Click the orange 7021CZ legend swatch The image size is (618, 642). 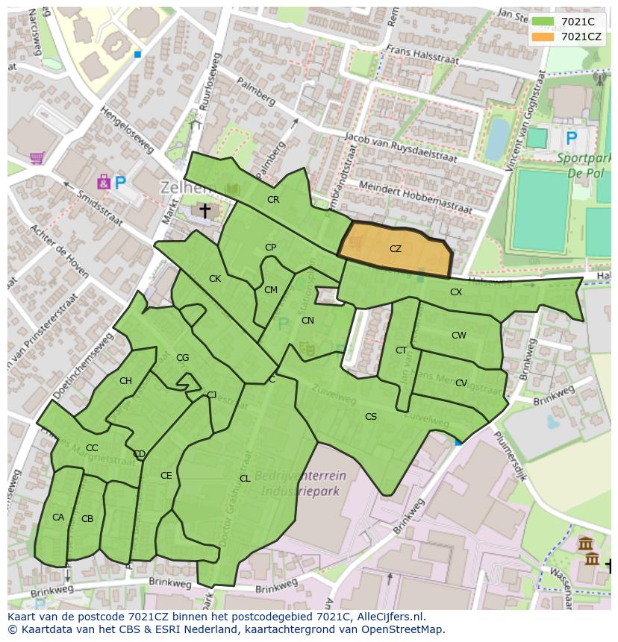click(543, 37)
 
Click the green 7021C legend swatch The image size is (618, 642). click(543, 22)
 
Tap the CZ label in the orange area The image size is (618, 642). click(396, 249)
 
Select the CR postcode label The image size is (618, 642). click(273, 200)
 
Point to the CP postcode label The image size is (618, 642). click(270, 248)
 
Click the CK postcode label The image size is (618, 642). click(215, 279)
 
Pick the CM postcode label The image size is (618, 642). click(271, 290)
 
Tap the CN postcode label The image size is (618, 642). click(308, 321)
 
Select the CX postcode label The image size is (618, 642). click(456, 292)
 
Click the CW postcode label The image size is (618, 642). click(458, 336)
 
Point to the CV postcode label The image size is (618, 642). click(461, 383)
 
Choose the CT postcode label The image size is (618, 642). click(402, 350)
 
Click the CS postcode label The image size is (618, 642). click(371, 417)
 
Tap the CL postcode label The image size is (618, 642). click(245, 479)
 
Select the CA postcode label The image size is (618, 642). click(58, 517)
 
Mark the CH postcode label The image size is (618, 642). click(125, 381)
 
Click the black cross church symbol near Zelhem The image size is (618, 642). click(204, 211)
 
